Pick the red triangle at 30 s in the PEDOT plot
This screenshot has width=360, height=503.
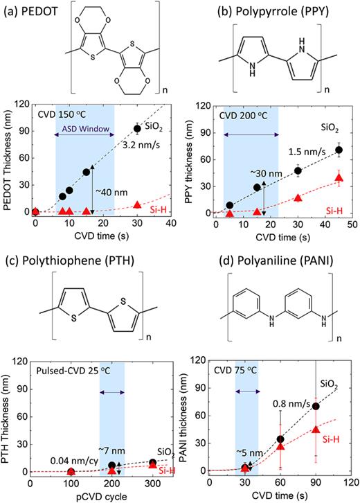(x=137, y=205)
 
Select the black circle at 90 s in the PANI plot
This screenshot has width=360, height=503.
(x=316, y=407)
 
